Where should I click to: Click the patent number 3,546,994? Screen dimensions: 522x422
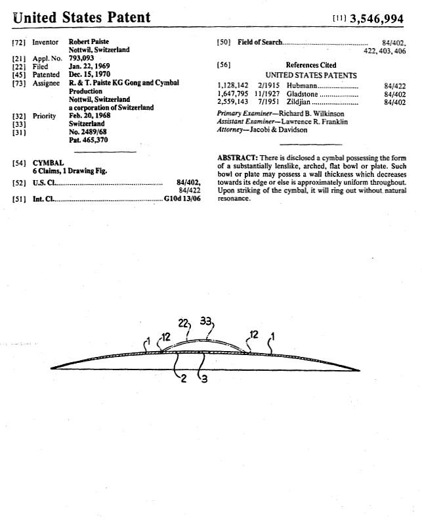(x=381, y=18)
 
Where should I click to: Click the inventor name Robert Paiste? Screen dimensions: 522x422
(x=89, y=41)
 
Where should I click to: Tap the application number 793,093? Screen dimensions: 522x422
(x=81, y=58)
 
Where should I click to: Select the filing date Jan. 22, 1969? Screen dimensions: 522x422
(x=89, y=66)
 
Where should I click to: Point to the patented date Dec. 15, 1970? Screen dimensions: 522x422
(x=90, y=75)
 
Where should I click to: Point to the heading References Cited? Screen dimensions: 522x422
(x=310, y=65)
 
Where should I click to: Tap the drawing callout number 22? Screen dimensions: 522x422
(x=184, y=323)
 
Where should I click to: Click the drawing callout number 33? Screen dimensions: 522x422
(x=207, y=321)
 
